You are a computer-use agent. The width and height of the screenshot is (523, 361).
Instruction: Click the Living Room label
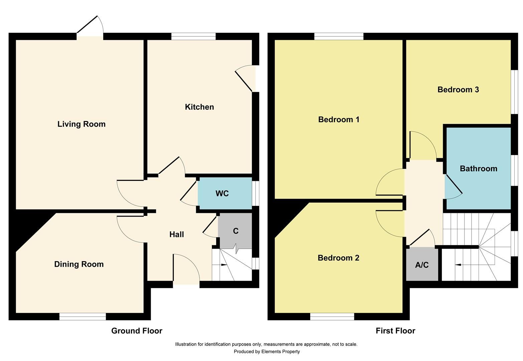click(81, 124)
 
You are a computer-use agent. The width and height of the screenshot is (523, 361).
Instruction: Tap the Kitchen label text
click(199, 107)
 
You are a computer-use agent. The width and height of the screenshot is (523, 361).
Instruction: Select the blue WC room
click(224, 193)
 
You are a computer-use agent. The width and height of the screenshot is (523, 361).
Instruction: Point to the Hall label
click(176, 234)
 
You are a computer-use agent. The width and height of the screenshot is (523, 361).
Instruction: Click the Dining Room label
click(79, 264)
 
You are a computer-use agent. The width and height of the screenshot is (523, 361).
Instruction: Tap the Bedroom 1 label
click(339, 119)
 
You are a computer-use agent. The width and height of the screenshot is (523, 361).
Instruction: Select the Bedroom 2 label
click(338, 258)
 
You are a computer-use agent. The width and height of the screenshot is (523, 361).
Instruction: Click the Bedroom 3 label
click(458, 90)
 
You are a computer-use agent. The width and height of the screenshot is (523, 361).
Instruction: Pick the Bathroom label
click(478, 168)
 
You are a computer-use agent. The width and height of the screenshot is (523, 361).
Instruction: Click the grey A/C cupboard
click(422, 265)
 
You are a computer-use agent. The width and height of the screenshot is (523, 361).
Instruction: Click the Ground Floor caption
click(137, 331)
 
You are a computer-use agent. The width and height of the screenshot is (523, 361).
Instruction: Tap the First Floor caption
click(395, 331)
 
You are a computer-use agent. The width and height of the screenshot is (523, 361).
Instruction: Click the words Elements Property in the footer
click(280, 352)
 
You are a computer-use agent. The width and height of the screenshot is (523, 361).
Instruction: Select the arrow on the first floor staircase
click(459, 265)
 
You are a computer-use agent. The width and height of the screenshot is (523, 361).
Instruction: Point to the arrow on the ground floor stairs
click(224, 265)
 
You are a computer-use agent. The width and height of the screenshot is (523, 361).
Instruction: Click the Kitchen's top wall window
click(193, 36)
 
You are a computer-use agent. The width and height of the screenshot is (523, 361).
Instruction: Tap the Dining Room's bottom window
click(83, 317)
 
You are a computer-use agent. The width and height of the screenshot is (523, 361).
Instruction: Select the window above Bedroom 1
click(339, 36)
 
